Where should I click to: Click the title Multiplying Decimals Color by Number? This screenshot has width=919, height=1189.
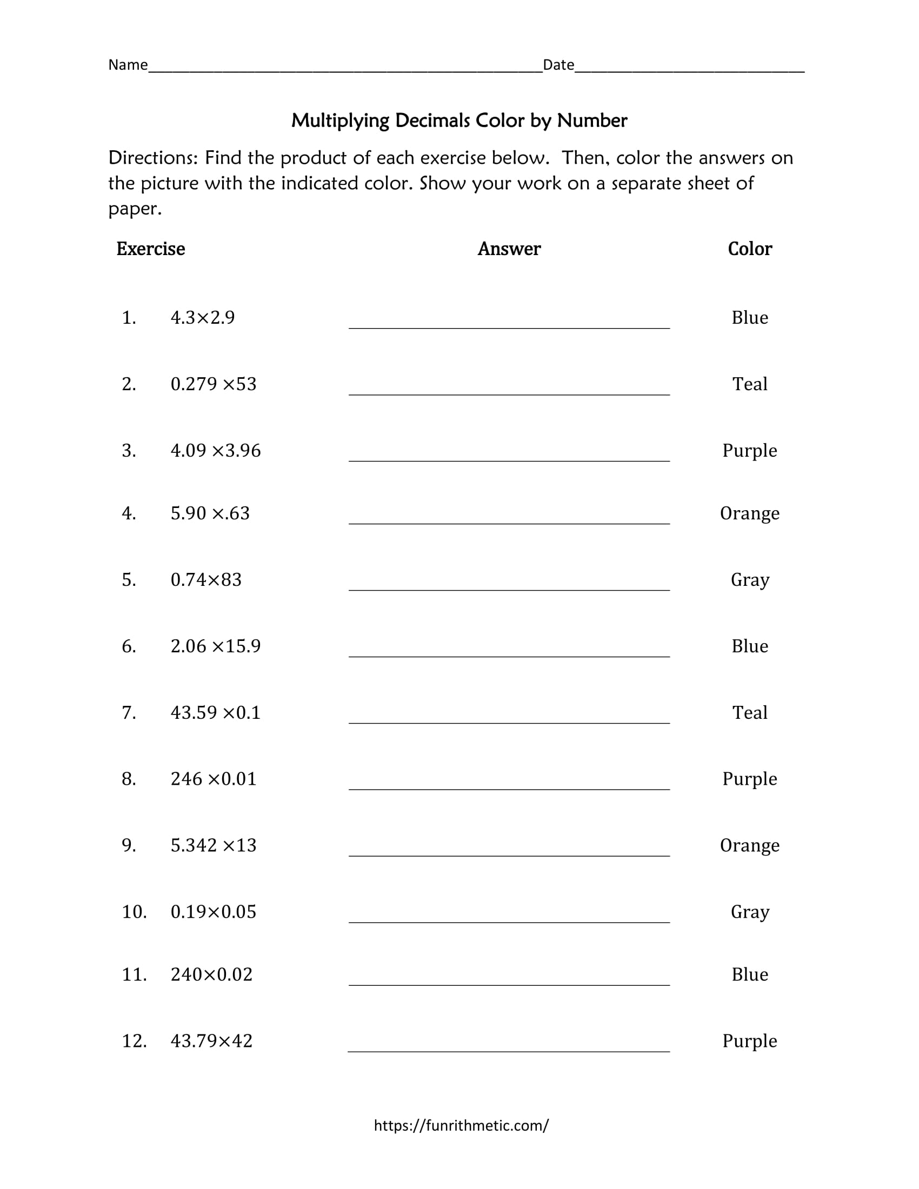(x=459, y=121)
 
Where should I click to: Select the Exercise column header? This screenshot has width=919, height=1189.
(x=150, y=249)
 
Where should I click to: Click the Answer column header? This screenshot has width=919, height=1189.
(x=509, y=249)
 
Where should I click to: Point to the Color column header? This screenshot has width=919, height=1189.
(x=750, y=249)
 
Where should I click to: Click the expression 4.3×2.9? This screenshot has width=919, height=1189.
(x=203, y=317)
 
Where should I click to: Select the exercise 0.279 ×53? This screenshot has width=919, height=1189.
(x=214, y=384)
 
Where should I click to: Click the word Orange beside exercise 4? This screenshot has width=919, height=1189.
(x=750, y=513)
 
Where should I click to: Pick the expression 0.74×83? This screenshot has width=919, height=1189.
(x=206, y=579)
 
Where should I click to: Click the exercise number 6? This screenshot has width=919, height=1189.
(x=129, y=646)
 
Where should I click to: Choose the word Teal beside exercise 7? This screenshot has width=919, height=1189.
(x=750, y=712)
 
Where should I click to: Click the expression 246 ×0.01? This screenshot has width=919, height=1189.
(x=214, y=778)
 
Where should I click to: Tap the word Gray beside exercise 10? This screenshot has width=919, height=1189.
(x=750, y=911)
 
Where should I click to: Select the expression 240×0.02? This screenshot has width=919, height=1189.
(x=211, y=974)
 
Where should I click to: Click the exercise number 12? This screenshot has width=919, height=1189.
(x=134, y=1040)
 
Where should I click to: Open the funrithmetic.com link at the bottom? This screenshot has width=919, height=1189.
(x=461, y=1125)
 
